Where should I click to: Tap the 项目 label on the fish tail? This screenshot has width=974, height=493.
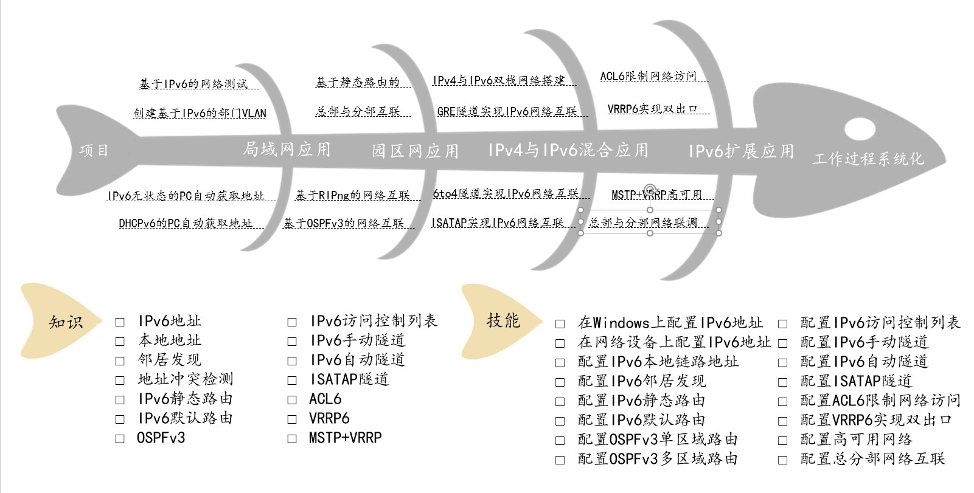pos(94,150)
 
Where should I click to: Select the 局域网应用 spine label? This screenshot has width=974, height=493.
pos(287,149)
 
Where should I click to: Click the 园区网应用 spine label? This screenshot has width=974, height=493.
pos(416,151)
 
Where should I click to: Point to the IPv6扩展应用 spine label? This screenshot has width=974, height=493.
pos(741,151)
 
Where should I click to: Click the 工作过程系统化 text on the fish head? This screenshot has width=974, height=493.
pos(868,159)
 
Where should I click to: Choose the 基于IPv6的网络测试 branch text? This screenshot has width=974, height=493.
pos(193,84)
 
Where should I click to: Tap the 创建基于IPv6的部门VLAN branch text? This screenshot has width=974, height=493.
pos(200,113)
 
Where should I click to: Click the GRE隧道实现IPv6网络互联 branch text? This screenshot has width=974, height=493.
pos(507,111)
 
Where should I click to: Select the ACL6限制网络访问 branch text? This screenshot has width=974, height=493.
pos(648,76)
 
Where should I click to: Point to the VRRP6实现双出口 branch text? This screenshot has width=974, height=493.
pos(652,109)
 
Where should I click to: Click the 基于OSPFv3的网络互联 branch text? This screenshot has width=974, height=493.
pos(344,223)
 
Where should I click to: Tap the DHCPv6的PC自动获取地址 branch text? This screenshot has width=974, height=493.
pos(186,223)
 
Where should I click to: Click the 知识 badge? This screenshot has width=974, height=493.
pos(65,322)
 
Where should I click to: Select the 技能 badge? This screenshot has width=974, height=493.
pos(503,320)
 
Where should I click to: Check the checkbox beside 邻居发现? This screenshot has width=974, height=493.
pos(120,361)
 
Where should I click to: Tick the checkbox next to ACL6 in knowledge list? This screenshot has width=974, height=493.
pos(292,400)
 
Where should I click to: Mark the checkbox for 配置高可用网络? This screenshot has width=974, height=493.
pos(782,440)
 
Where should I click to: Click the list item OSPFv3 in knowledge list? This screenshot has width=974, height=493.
pos(161,438)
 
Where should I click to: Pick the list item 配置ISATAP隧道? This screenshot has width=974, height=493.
pos(856,381)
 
